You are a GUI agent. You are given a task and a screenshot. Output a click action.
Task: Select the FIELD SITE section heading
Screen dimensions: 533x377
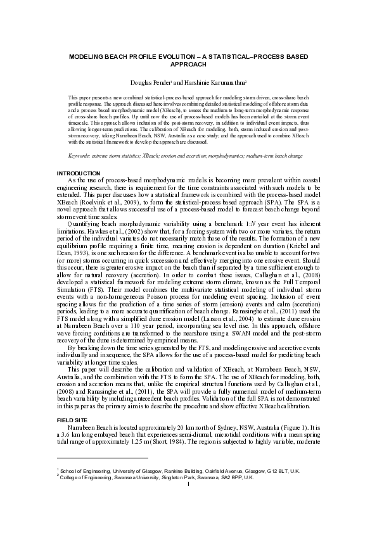point(72,403)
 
